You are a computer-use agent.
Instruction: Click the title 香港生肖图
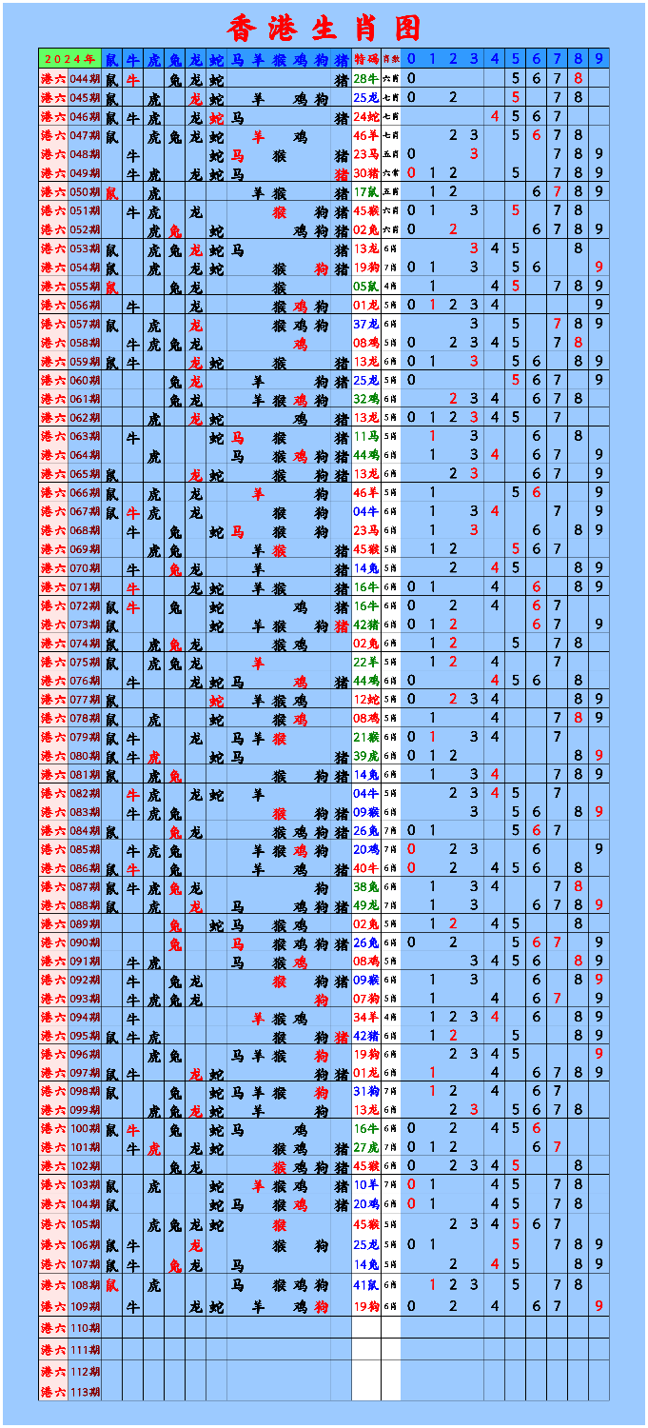pos(324,28)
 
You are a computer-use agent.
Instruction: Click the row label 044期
pos(85,78)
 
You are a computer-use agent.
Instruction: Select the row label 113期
pos(85,1392)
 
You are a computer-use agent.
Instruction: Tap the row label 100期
pos(85,1128)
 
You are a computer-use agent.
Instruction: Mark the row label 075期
pos(85,662)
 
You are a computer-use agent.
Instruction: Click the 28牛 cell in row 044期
pos(366,78)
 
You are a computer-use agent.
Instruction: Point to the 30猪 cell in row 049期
pos(366,173)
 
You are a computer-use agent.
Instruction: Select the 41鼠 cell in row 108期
pos(366,1285)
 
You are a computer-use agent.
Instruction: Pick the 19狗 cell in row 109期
pos(366,1307)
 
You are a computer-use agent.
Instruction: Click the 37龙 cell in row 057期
pos(366,324)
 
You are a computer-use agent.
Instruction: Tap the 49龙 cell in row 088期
pos(366,904)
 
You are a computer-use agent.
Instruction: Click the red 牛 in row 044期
pos(133,78)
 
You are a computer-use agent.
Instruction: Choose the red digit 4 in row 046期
pos(495,116)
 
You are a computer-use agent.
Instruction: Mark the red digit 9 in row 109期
pos(599,1307)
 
